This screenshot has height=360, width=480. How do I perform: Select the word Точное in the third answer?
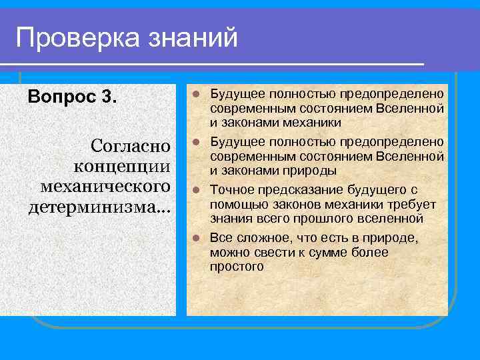[230, 190]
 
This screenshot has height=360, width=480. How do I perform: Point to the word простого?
[237, 267]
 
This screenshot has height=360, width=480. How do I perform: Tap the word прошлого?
[327, 219]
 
